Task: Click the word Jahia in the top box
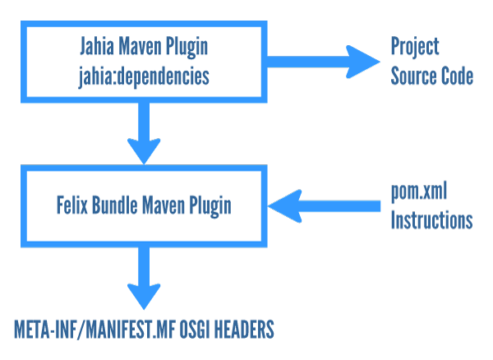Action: pos(97,46)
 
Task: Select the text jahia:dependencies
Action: pos(144,76)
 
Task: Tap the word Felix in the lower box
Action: pos(72,205)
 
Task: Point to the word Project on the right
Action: pos(415,47)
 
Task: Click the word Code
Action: pos(457,76)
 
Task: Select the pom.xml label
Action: pos(419,192)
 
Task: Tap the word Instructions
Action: pos(431,219)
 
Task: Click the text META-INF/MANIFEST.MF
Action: pos(94,330)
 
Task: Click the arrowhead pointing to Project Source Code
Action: pos(363,62)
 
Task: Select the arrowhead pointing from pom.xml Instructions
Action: pos(285,206)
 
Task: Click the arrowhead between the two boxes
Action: pos(144,151)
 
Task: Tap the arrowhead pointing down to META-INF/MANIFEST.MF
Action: pos(144,297)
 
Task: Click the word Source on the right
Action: pos(414,76)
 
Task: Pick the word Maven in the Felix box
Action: pos(164,205)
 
